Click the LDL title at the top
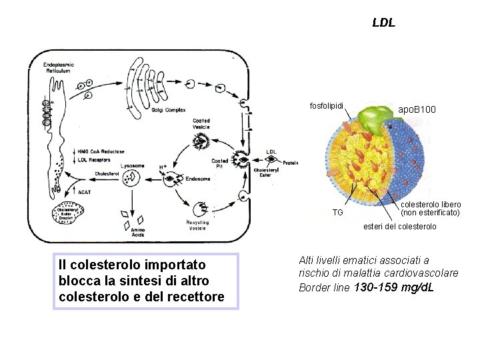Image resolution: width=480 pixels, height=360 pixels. pos(383,23)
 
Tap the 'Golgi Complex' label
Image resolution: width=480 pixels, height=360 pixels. pos(167,109)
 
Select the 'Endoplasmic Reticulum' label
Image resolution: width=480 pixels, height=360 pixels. pos(59,67)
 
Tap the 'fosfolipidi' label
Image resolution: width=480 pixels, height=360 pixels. pos(328,106)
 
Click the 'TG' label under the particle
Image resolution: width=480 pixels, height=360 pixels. pos(337,212)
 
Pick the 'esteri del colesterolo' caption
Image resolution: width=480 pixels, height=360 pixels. pos(400,227)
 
